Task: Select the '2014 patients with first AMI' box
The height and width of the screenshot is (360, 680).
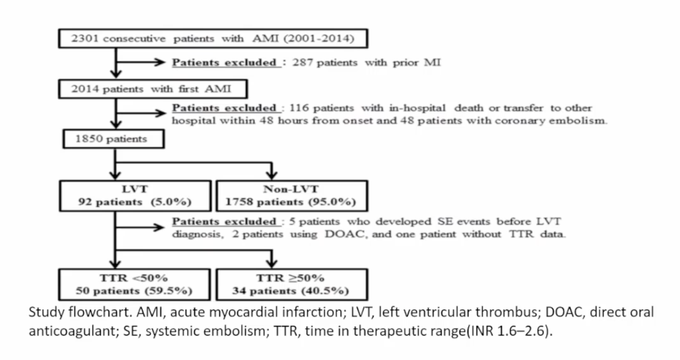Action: coord(153,89)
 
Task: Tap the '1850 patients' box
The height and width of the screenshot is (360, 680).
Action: coord(114,139)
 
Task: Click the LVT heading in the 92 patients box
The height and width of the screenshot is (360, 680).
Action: coord(135,189)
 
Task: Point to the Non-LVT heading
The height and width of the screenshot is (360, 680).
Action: coord(291,189)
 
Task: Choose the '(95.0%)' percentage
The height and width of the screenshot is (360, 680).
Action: coord(332,202)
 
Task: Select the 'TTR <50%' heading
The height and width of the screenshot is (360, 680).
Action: coord(134,278)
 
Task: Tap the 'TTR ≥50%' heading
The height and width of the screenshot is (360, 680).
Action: coord(290,278)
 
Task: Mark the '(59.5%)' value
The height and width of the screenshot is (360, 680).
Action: coord(168,291)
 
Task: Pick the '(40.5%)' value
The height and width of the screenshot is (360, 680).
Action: coord(325,291)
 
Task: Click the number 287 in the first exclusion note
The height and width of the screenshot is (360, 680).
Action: coord(303,63)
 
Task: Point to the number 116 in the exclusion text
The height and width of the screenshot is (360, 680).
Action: coord(299,108)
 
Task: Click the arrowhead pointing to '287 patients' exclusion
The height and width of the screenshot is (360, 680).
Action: coord(160,62)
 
